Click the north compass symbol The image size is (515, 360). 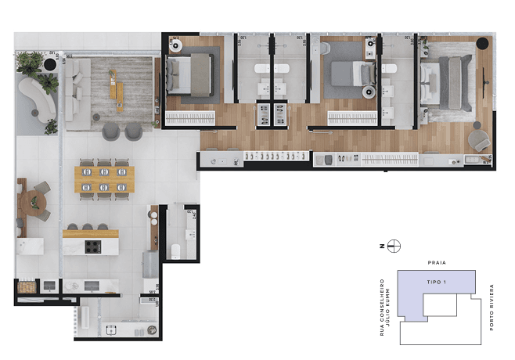coord(394,246)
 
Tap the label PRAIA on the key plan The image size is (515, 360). coord(437,263)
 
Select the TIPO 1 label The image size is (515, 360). coord(437,280)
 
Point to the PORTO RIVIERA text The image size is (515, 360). coord(492,307)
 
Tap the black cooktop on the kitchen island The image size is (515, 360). coord(92,247)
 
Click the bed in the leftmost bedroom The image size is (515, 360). coord(188,74)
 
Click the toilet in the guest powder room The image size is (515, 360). coord(175,250)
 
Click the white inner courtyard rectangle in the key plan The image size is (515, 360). coord(439,305)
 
